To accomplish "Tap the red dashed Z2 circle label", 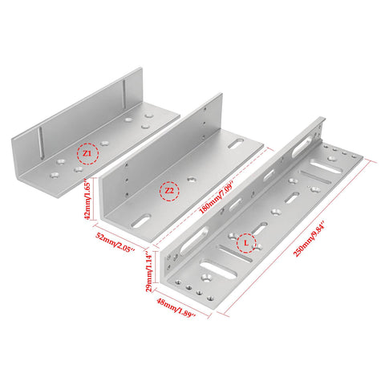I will (168, 192).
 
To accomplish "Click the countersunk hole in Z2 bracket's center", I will (191, 180).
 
